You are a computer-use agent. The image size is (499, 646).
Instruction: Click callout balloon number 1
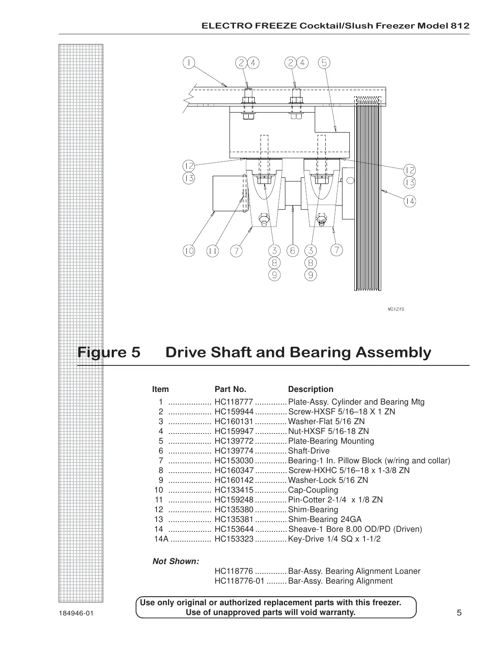click(x=189, y=63)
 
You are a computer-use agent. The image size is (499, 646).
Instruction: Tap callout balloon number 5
click(x=324, y=63)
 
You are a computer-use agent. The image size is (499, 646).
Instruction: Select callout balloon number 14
click(x=410, y=201)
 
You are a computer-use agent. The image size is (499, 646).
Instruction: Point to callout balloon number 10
click(x=188, y=251)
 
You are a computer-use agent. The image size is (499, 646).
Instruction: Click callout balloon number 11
click(x=212, y=251)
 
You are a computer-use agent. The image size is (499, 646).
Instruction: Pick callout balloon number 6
click(x=292, y=251)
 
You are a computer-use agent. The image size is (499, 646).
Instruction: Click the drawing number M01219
click(x=395, y=309)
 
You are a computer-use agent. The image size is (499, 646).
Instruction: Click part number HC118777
click(x=234, y=402)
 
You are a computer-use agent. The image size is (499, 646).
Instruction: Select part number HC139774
click(x=234, y=451)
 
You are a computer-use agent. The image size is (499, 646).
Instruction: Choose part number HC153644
click(x=234, y=529)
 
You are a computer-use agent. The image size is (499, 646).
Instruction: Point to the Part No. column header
click(x=230, y=389)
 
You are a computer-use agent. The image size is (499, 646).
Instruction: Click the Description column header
click(x=311, y=389)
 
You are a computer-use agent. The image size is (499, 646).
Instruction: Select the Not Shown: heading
click(x=176, y=562)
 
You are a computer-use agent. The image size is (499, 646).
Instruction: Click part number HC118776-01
click(x=239, y=581)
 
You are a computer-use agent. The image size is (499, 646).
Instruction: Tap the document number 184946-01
click(x=76, y=613)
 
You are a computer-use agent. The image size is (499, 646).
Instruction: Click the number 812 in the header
click(x=461, y=26)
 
